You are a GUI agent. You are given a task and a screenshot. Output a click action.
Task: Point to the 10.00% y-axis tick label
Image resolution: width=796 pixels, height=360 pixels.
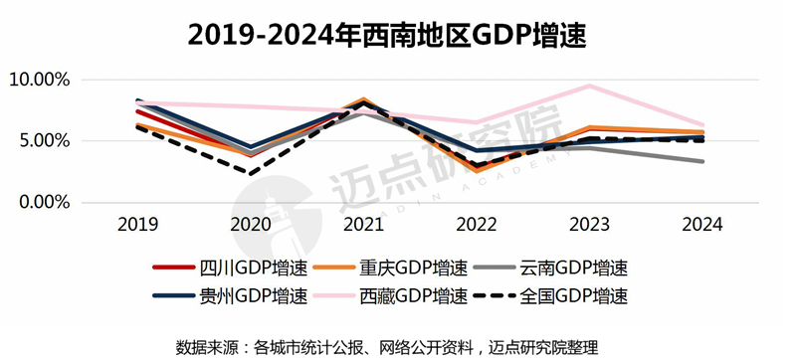pyautogui.click(x=39, y=81)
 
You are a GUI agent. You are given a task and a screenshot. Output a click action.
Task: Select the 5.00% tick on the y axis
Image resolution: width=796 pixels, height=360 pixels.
pyautogui.click(x=43, y=141)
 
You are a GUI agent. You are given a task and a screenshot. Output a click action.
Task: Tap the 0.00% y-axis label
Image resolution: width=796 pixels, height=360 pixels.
pyautogui.click(x=43, y=203)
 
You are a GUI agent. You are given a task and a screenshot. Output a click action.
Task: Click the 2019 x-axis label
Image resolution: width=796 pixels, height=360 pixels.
pyautogui.click(x=138, y=226)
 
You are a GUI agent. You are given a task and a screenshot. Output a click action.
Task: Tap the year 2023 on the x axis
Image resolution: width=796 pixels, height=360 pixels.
pyautogui.click(x=590, y=226)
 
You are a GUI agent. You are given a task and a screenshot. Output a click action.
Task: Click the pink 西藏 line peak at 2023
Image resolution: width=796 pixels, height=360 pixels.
pyautogui.click(x=590, y=86)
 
